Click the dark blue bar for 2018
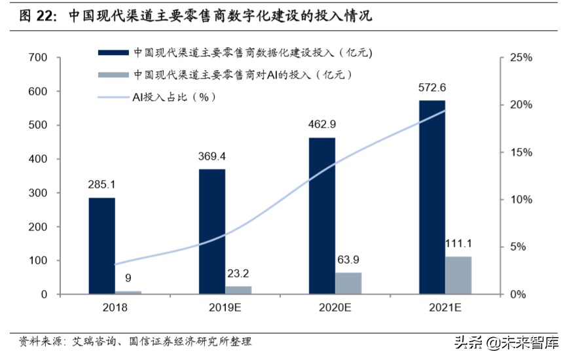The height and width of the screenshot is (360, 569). pos(101,245)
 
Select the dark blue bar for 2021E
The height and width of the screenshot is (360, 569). pos(432,197)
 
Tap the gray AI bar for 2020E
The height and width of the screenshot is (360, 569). pos(348,283)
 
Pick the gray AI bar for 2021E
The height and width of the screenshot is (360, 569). pos(458,275)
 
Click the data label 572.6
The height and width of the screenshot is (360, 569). pos(431,88)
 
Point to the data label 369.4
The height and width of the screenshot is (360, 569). pos(211,156)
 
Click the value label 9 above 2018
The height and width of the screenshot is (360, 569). pos(128,278)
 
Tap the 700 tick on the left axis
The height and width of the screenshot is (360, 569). pos(38,58)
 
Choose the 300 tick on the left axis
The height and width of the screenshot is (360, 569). pos(38,193)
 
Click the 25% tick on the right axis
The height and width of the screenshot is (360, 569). pos(522,58)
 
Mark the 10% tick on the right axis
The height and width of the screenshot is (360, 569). pos(522,200)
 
